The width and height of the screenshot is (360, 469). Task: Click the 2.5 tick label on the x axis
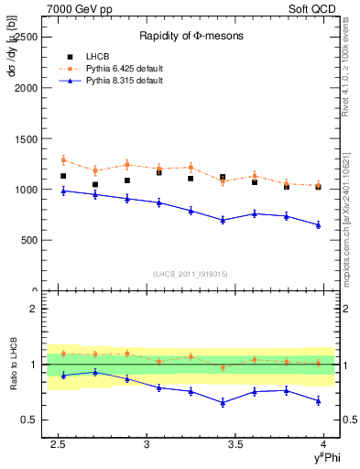58,444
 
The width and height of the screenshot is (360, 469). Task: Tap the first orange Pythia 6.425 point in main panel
63,160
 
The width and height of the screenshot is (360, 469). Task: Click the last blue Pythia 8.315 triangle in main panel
318,224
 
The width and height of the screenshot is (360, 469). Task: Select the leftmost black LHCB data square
63,176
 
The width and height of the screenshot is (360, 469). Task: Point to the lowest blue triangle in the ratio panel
223,403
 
